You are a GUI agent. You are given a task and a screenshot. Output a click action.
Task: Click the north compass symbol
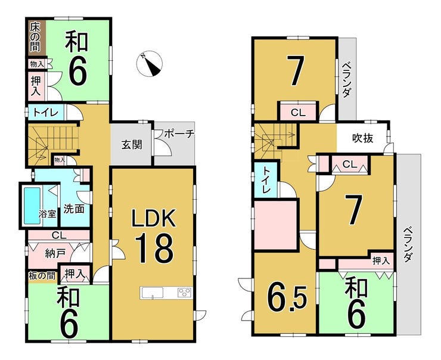tap(149, 64)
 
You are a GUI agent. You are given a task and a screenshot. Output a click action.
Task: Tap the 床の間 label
tap(35, 38)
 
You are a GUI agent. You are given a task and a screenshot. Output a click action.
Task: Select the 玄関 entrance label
tap(132, 145)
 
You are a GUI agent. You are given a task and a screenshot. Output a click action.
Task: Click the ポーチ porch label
tap(179, 134)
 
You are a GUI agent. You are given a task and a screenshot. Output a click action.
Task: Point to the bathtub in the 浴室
tap(32, 206)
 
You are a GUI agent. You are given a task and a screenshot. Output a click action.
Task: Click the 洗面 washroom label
tap(74, 209)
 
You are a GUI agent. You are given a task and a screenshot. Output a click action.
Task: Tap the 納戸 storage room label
tap(55, 254)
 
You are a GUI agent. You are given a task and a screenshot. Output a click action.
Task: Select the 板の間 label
tap(42, 275)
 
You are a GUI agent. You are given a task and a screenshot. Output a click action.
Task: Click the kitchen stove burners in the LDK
tap(185, 292)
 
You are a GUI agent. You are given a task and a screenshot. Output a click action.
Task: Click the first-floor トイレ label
tap(46, 113)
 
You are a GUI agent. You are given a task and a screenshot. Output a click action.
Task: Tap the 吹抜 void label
tap(362, 138)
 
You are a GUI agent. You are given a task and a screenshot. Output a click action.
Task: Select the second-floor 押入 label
tap(381, 261)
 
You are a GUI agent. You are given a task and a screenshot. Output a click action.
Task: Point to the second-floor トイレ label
tap(266, 180)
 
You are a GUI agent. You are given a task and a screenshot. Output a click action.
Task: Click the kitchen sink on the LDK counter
tap(152, 293)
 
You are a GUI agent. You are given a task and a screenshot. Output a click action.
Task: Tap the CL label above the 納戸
tap(59, 235)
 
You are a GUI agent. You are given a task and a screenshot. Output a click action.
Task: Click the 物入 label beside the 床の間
tap(37, 64)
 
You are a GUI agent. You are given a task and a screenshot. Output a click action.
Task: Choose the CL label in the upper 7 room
tap(298, 113)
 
